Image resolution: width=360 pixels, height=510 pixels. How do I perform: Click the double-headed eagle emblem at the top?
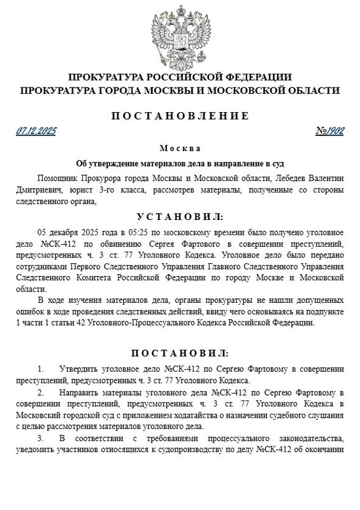(180, 33)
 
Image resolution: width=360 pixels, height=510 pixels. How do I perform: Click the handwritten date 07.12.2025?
(36, 131)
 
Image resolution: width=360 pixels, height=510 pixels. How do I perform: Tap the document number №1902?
(329, 131)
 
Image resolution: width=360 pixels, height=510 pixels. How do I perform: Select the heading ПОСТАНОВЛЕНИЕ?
(180, 115)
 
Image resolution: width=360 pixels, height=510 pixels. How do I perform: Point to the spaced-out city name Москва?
(180, 148)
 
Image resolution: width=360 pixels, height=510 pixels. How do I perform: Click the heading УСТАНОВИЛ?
(180, 217)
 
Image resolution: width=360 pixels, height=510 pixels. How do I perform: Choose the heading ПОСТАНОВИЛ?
(180, 353)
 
